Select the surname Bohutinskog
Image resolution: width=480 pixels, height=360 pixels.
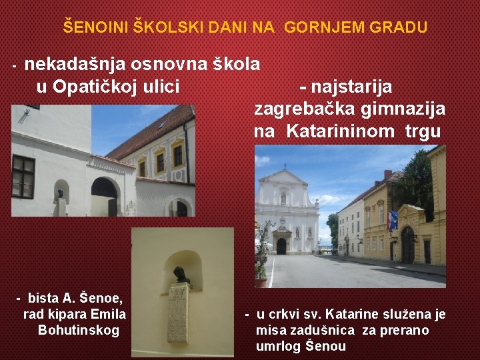79,330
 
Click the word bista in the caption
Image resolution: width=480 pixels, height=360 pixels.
43,298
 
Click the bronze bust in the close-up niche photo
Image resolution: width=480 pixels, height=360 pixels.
180,275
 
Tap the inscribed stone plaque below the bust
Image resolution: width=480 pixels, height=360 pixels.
178,312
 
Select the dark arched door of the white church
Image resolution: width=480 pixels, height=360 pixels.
281,246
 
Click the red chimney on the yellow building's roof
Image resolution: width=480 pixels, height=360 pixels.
387,175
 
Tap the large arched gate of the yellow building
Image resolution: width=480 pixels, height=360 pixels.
407,245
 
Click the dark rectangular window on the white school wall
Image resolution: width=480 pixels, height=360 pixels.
23,177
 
